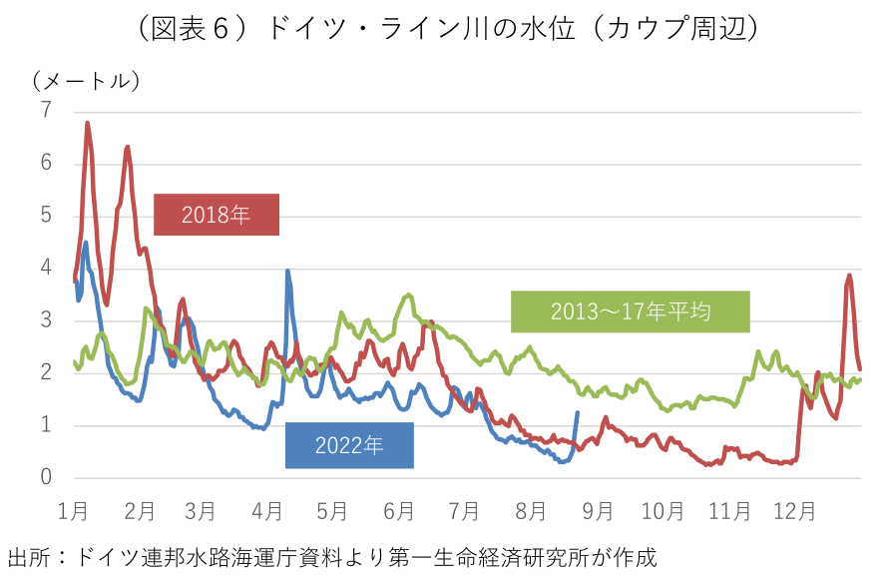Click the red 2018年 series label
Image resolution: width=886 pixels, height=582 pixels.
217,214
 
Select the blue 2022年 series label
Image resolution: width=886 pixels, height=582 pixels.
349,445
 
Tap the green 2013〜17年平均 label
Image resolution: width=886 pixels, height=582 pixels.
631,311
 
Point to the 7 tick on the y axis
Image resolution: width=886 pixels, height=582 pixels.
45,110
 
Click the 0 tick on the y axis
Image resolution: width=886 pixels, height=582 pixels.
45,478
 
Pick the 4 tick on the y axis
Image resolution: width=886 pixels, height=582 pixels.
45,268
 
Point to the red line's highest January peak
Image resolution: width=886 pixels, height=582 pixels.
88,123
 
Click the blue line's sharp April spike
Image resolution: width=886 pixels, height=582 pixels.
287,271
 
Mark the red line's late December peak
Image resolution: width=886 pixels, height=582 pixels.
849,275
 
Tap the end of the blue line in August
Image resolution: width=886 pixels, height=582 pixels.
577,412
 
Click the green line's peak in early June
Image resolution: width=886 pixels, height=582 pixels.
408,294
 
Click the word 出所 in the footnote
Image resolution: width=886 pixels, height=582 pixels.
28,556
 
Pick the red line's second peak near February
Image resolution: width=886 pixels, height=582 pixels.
128,147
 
